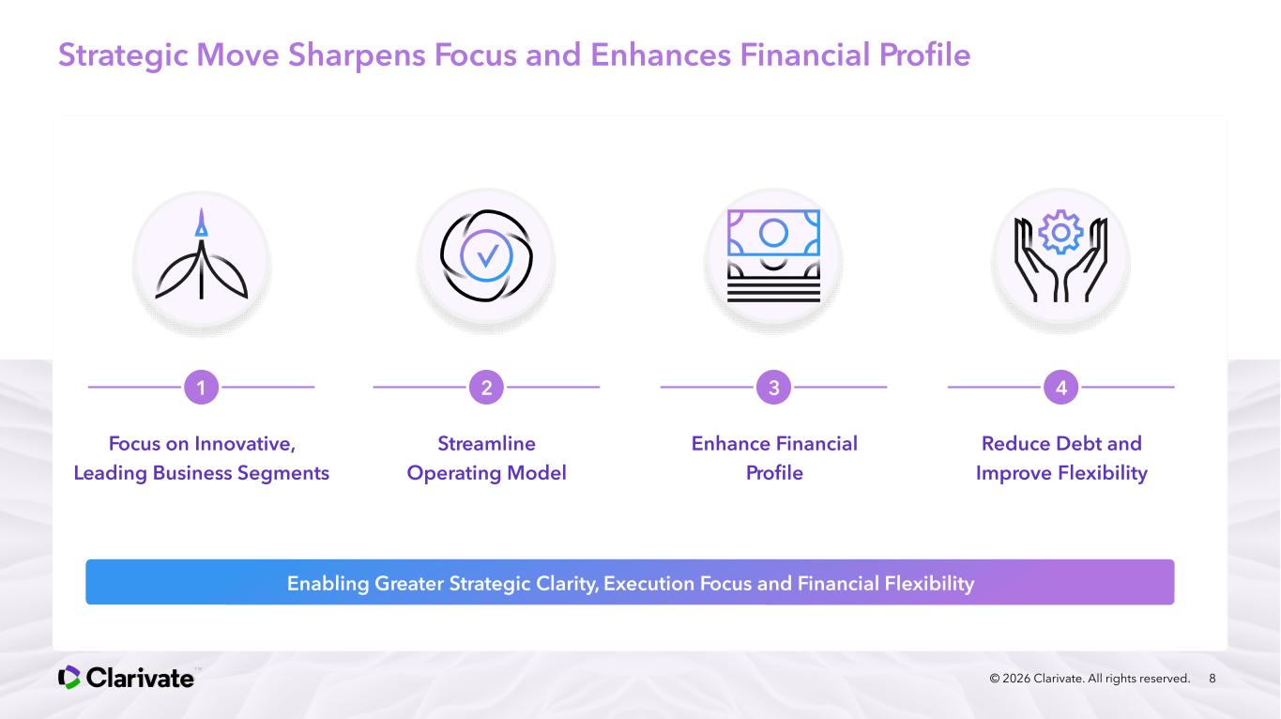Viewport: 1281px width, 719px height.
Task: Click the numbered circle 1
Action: click(201, 388)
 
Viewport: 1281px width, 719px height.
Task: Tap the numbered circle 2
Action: click(486, 388)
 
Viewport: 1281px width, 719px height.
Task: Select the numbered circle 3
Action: click(773, 388)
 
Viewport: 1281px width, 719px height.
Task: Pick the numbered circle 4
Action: click(1060, 388)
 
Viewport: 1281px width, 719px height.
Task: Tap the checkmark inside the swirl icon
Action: click(487, 255)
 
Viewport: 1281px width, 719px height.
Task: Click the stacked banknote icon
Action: click(773, 255)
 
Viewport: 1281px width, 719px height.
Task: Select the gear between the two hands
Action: click(1060, 232)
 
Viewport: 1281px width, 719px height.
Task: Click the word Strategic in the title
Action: click(123, 55)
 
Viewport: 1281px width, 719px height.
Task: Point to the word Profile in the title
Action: click(924, 55)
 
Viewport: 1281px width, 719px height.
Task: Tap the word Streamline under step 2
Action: click(487, 443)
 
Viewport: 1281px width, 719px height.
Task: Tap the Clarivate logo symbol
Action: click(69, 678)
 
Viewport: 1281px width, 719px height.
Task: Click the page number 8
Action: click(1212, 679)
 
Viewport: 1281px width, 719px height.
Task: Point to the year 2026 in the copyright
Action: click(1016, 679)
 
